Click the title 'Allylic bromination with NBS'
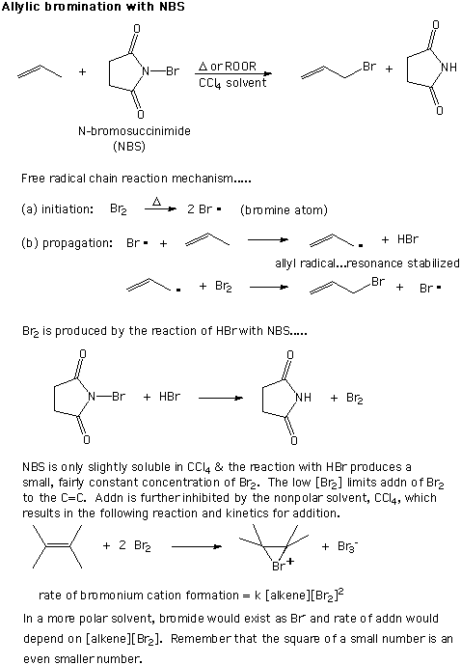[94, 7]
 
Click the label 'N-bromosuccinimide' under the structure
[134, 130]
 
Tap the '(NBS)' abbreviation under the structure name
[129, 147]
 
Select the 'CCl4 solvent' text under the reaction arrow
[232, 83]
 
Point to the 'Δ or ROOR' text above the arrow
[228, 67]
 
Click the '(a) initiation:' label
[57, 209]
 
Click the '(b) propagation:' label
[67, 243]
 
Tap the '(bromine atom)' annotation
[284, 210]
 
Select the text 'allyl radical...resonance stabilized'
[367, 263]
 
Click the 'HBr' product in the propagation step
[408, 239]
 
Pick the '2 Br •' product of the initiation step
[204, 209]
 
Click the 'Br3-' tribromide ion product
[348, 546]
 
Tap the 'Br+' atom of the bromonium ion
[283, 565]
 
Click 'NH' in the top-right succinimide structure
[448, 67]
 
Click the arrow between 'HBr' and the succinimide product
[221, 398]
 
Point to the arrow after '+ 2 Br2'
[197, 546]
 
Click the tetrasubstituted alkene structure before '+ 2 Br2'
[57, 546]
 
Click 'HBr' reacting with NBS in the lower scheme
[170, 396]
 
